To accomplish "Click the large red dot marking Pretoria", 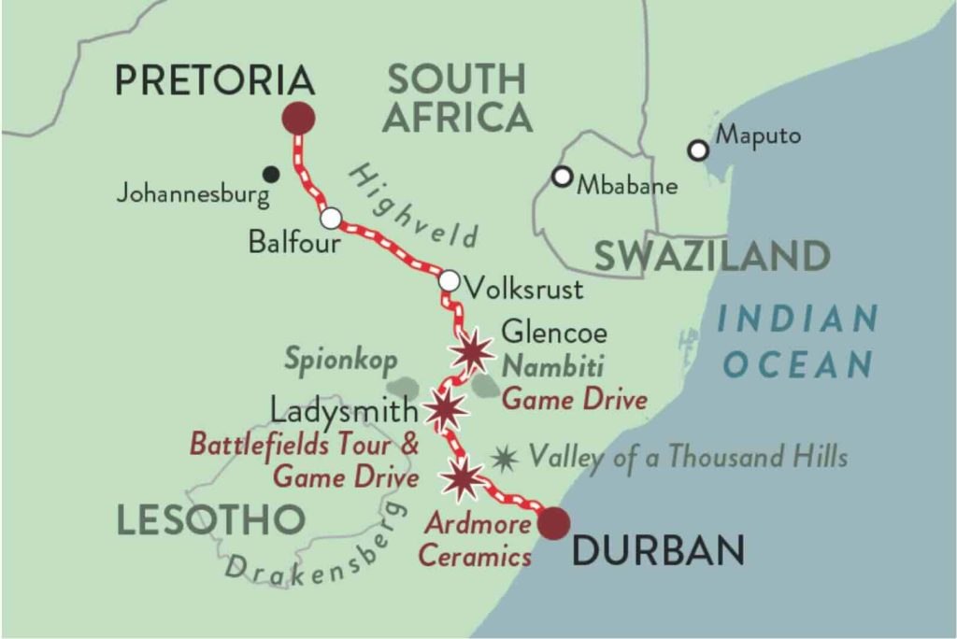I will pyautogui.click(x=299, y=119).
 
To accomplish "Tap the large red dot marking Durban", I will pyautogui.click(x=553, y=523).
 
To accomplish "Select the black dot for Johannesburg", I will pyautogui.click(x=271, y=173).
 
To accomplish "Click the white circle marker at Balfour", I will pyautogui.click(x=331, y=218).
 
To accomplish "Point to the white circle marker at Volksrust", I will pyautogui.click(x=449, y=280).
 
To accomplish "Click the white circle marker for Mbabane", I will pyautogui.click(x=561, y=176).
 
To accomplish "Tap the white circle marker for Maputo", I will pyautogui.click(x=696, y=149).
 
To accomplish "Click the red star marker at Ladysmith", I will pyautogui.click(x=445, y=408).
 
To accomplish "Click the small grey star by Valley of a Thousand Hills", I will pyautogui.click(x=506, y=457).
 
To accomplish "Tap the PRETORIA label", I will pyautogui.click(x=214, y=81).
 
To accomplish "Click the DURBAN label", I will pyautogui.click(x=658, y=551).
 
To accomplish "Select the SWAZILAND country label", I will pyautogui.click(x=711, y=256).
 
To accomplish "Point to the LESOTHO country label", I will pyautogui.click(x=211, y=520).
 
